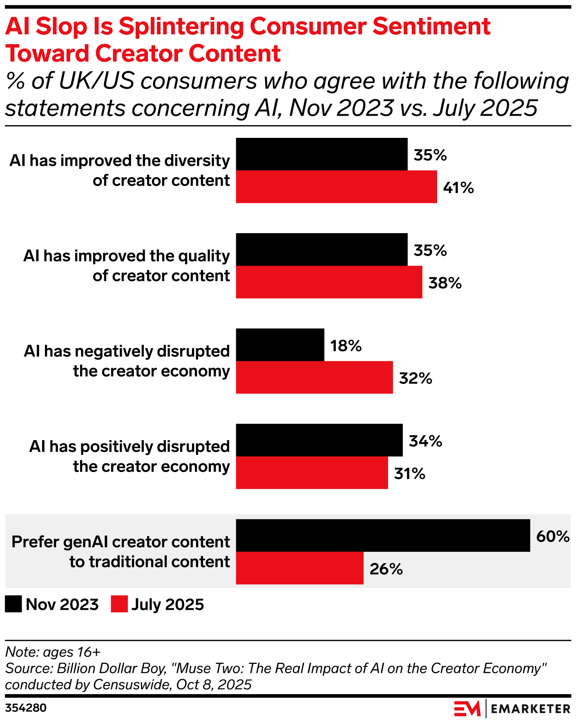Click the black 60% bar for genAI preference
pos(383,535)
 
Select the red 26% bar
pos(299,568)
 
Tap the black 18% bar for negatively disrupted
pos(280,345)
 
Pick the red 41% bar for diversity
pos(336,187)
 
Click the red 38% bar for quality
pos(329,282)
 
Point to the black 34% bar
pos(319,440)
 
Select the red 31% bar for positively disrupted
pos(312,473)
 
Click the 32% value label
pos(415,378)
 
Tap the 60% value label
pos(553,536)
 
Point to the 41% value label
pos(458,188)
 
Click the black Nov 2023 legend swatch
pos(13,604)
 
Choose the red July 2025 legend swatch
pos(119,604)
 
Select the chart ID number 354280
pos(26,708)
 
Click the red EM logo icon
pos(467,708)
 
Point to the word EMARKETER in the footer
pos(530,709)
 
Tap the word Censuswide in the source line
pos(131,684)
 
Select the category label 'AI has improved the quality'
pos(127,256)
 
